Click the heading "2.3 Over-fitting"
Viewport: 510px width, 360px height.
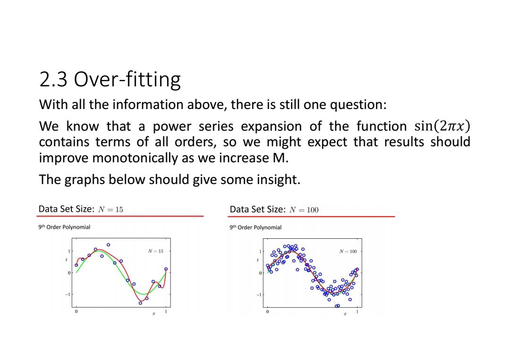point(110,79)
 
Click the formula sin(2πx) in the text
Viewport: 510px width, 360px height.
point(442,126)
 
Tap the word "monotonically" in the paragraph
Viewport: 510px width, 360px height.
point(136,158)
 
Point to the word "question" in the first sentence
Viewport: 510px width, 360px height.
point(358,105)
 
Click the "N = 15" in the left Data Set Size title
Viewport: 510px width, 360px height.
point(110,209)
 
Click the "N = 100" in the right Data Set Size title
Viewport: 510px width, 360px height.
point(304,210)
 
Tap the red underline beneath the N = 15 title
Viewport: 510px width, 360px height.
point(120,216)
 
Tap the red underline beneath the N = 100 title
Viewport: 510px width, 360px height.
point(312,216)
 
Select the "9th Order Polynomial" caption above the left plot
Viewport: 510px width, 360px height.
point(64,227)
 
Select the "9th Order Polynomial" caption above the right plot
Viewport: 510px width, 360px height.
point(255,227)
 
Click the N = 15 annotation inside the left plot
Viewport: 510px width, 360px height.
point(155,251)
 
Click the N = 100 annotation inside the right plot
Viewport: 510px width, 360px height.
point(348,251)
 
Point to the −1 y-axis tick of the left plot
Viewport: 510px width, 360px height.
point(68,294)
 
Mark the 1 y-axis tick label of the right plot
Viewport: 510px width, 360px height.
point(260,251)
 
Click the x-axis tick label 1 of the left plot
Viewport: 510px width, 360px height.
point(166,311)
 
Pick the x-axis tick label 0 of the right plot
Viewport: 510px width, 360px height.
point(267,311)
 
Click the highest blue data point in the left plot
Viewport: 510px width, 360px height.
point(108,245)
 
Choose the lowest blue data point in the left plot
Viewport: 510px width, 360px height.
point(140,303)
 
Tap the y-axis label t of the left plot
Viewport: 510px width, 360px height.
point(67,260)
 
